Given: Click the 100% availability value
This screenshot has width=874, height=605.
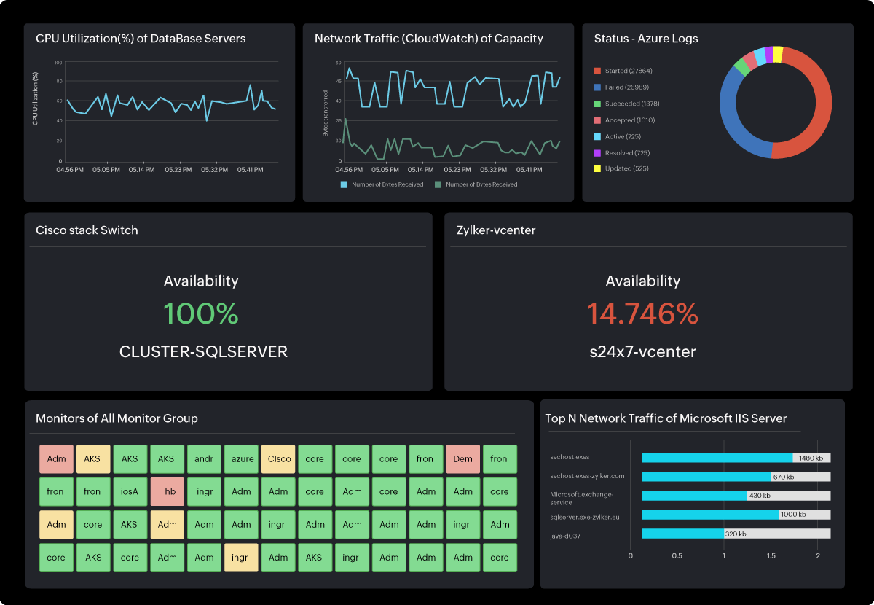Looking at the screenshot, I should [201, 313].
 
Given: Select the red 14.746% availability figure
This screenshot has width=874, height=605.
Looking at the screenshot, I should [642, 313].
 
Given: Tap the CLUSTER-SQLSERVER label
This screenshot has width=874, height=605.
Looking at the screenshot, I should [203, 352].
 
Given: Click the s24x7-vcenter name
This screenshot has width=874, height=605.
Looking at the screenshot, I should [642, 352].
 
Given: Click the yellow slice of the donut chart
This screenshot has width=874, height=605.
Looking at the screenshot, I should [778, 53].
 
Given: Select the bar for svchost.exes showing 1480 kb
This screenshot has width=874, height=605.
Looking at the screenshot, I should [717, 458].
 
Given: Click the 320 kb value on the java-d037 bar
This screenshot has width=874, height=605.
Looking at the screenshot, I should [736, 534].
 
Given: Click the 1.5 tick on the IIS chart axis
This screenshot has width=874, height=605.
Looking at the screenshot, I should [771, 556].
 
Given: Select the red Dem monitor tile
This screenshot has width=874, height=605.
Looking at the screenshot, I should [462, 459].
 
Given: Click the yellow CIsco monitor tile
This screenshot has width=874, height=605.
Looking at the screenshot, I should [278, 459].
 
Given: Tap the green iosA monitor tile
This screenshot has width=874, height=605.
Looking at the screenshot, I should [130, 492].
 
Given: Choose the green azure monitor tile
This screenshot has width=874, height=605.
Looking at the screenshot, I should [241, 459].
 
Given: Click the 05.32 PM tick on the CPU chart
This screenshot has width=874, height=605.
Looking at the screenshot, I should [214, 170].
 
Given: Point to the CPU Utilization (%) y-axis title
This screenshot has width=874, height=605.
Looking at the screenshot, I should [36, 98].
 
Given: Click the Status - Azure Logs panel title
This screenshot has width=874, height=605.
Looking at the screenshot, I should [645, 39].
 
